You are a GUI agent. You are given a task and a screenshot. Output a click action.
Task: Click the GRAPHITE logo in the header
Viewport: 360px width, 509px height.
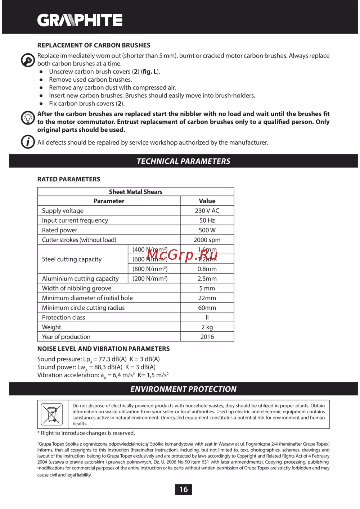coord(80,20)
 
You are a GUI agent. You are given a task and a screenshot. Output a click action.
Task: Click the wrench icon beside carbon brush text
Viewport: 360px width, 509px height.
coord(28,60)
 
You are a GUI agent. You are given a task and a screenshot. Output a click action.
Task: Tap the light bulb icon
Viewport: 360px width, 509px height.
coord(28,118)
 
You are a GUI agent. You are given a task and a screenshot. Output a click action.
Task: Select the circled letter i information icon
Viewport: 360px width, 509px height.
coord(28,142)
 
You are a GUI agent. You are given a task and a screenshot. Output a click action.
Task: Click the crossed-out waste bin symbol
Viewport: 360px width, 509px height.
coord(52,414)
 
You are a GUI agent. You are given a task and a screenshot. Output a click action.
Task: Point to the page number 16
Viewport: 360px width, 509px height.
coord(184,489)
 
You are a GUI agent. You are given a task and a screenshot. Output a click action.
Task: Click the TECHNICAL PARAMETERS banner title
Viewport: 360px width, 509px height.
coord(184,161)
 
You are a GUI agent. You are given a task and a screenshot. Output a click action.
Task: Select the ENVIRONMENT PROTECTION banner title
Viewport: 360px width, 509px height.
coord(184,389)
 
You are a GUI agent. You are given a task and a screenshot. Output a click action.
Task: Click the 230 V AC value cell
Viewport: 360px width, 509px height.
coord(207,211)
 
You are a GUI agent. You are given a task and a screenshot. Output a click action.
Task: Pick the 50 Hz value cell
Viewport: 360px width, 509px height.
coord(207,221)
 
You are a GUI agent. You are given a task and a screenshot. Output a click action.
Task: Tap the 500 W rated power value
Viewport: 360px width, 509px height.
coord(207,230)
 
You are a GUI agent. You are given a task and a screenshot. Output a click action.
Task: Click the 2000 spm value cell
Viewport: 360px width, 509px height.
coord(207,240)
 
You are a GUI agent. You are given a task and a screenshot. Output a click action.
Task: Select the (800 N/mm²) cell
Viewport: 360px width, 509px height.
coord(150,269)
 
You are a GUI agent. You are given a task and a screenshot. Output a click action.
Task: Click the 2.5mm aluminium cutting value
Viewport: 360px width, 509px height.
coord(207,279)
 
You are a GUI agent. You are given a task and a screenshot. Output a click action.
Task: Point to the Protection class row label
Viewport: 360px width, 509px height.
coord(64,318)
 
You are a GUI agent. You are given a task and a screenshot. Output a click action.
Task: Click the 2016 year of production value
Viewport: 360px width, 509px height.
coord(207,337)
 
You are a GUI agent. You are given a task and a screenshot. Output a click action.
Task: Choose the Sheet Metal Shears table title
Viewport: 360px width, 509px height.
coord(136,192)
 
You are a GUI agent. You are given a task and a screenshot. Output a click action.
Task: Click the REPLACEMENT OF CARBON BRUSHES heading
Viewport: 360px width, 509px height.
coord(94,45)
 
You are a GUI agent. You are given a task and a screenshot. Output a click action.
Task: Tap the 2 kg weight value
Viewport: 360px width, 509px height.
coord(207,327)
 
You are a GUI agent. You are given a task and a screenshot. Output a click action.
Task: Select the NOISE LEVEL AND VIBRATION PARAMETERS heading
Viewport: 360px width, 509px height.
coord(104,349)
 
